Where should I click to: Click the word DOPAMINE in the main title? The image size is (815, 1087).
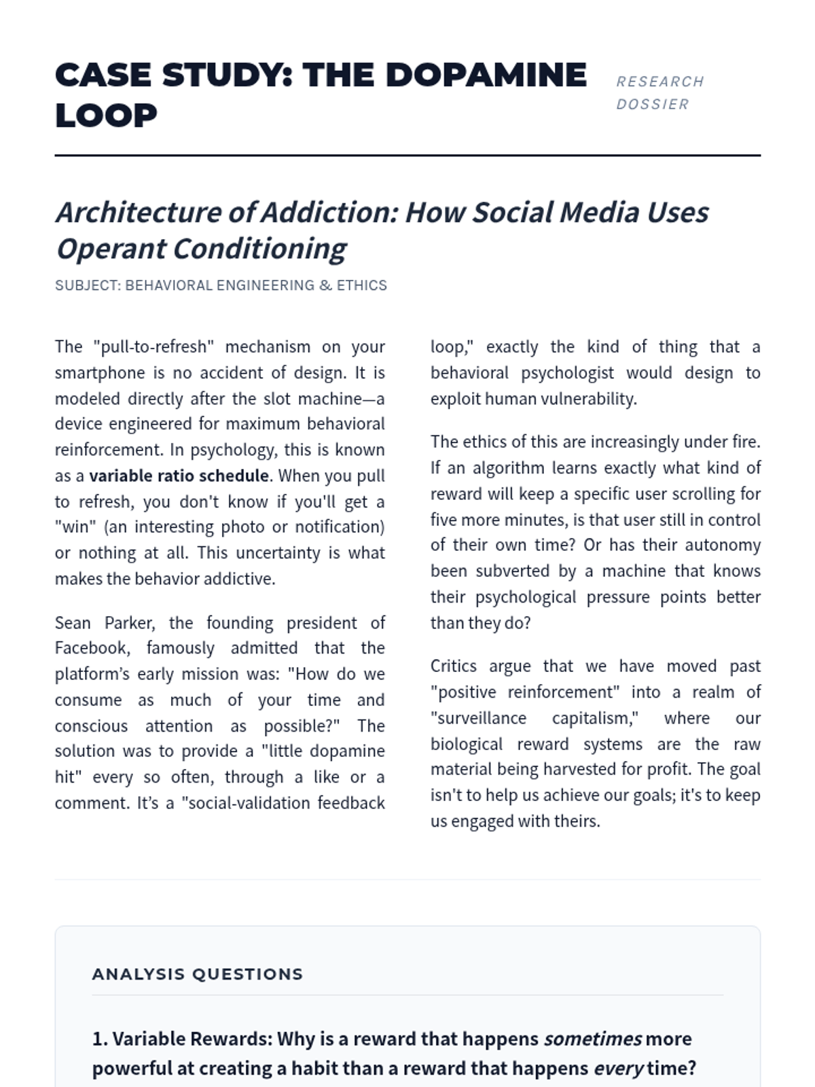tap(486, 75)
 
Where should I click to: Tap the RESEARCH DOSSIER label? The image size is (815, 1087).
tap(659, 92)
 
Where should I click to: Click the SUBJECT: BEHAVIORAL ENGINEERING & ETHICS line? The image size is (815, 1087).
tap(221, 285)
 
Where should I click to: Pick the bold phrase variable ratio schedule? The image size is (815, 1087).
tap(179, 476)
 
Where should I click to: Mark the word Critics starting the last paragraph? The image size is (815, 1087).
tap(453, 666)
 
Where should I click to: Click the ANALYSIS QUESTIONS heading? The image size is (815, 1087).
tap(198, 974)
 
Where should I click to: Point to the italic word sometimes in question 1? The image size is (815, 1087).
tap(592, 1039)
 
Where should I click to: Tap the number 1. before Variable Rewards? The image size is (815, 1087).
tap(100, 1039)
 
